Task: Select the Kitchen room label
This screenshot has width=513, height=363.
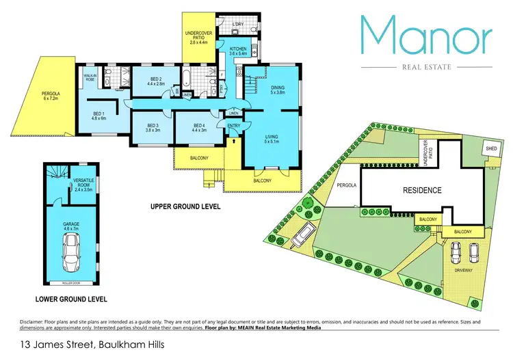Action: (238, 51)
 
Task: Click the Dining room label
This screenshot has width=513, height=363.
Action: (277, 90)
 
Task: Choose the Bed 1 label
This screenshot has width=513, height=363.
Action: (99, 117)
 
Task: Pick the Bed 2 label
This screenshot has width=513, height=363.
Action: (156, 81)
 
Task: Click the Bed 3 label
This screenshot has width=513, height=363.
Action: (153, 128)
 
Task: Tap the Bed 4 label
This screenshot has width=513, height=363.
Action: (199, 128)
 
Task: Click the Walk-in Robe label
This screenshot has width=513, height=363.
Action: (90, 77)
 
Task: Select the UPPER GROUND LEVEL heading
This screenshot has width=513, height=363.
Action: (185, 206)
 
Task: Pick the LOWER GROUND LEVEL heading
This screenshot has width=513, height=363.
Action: (71, 299)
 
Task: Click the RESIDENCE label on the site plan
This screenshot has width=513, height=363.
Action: (421, 190)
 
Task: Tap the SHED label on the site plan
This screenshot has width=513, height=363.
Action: (491, 148)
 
